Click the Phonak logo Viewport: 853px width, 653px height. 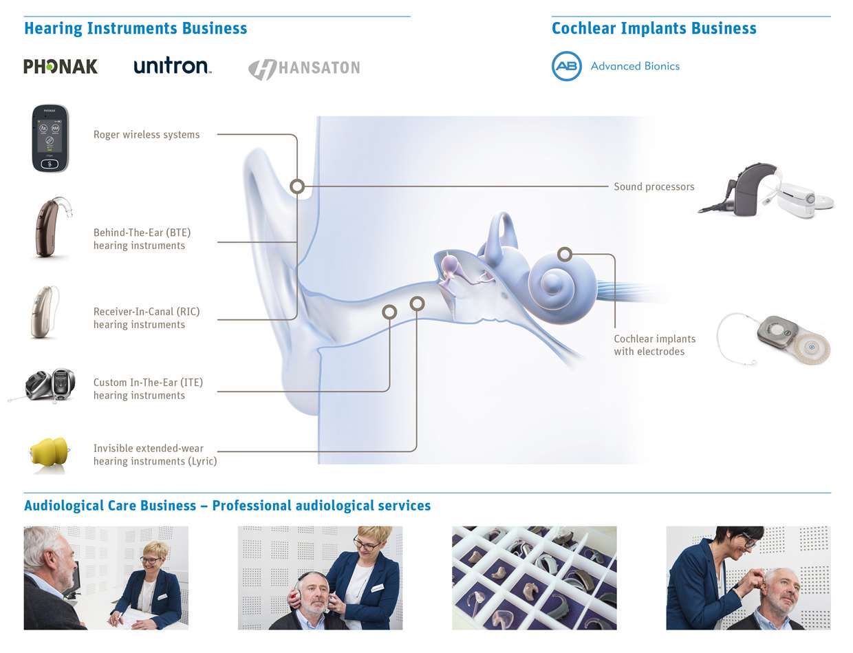point(61,66)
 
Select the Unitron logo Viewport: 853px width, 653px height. point(172,65)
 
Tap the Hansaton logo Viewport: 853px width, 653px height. point(304,69)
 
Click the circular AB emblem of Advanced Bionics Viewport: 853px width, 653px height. point(567,66)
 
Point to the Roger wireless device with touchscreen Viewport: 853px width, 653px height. point(50,138)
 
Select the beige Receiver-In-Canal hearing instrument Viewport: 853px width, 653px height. point(45,312)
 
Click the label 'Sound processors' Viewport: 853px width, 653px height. point(654,187)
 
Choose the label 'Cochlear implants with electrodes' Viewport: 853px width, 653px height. point(655,345)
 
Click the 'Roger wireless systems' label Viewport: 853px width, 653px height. point(147,135)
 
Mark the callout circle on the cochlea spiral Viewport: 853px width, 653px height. point(565,254)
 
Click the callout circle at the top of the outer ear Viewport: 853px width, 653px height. point(297,186)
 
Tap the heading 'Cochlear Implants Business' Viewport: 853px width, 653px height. point(654,28)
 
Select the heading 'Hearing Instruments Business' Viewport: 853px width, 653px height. point(136,28)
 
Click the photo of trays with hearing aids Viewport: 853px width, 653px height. point(535,578)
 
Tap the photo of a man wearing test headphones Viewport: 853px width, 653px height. point(320,578)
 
